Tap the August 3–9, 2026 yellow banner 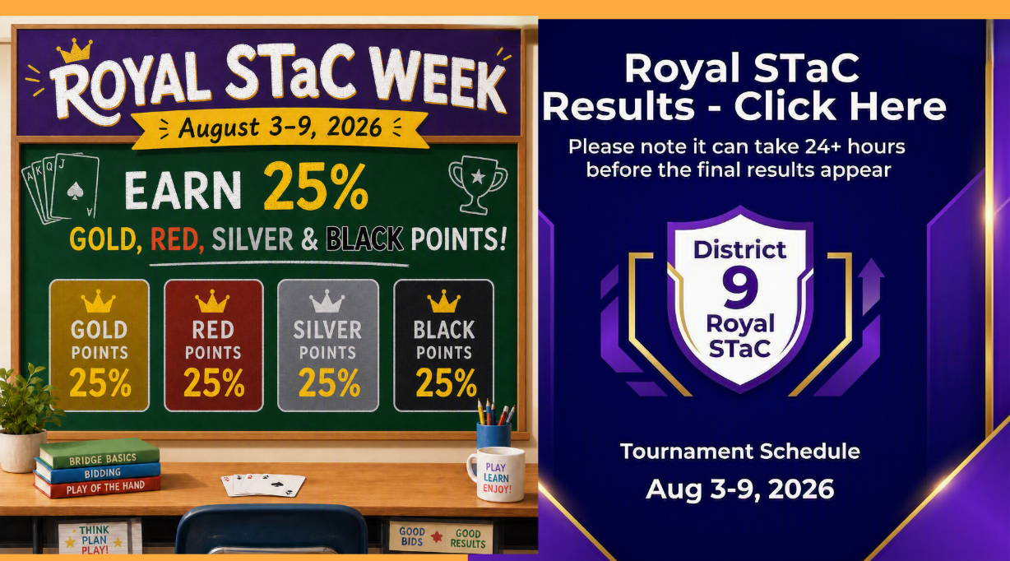[x=280, y=128]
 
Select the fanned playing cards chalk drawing [x=61, y=188]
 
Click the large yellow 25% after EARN [x=316, y=188]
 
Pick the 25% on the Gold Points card [x=100, y=382]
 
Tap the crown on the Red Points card [x=212, y=301]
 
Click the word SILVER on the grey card [x=327, y=330]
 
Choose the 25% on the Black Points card [x=446, y=382]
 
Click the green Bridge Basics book [x=100, y=453]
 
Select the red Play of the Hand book [x=98, y=487]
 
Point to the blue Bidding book [x=98, y=471]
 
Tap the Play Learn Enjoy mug [x=496, y=475]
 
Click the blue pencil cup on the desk [x=493, y=434]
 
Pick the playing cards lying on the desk [x=263, y=484]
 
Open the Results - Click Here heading [x=744, y=106]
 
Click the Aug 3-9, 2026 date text [x=740, y=489]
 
